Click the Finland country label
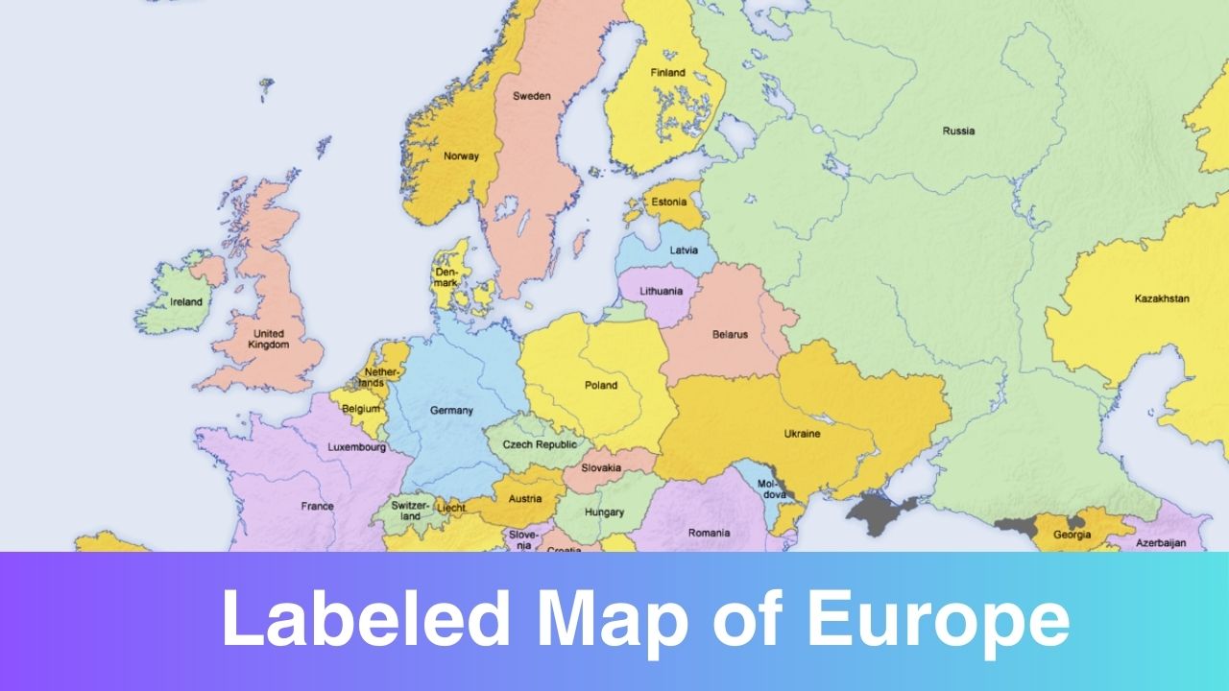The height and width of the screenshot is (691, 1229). tap(667, 72)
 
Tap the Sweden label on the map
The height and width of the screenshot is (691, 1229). tap(531, 96)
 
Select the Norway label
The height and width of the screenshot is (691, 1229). tap(460, 156)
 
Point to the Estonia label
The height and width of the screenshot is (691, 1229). tap(669, 203)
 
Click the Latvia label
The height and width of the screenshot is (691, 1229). tap(684, 250)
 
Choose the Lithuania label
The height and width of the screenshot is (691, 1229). tap(663, 291)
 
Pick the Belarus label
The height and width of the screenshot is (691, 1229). tap(730, 335)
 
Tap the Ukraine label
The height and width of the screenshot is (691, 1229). tap(802, 434)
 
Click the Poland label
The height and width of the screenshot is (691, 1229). tap(601, 386)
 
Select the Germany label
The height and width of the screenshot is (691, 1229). tap(451, 411)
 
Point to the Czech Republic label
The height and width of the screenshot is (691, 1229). tap(541, 444)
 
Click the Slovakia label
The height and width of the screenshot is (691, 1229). tap(601, 468)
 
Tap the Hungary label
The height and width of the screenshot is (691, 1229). tap(604, 512)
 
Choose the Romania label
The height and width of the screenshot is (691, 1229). tap(709, 533)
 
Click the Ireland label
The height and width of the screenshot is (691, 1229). tap(186, 302)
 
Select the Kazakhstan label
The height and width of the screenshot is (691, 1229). tap(1161, 298)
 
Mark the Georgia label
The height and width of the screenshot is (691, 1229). tap(1072, 536)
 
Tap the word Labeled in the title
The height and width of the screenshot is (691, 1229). tap(366, 621)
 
